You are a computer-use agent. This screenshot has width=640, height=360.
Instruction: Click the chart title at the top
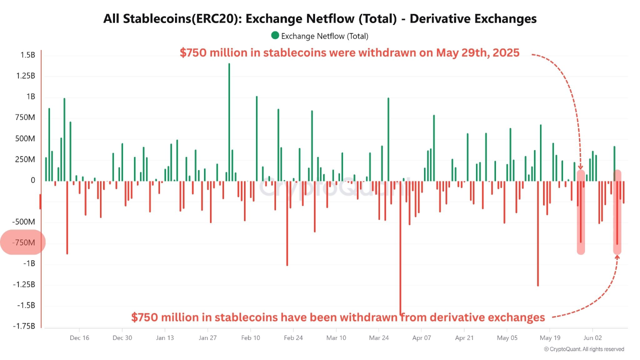(x=320, y=18)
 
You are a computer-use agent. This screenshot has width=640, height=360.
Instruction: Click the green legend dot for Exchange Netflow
(x=275, y=35)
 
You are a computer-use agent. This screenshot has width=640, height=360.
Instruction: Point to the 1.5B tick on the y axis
(x=27, y=55)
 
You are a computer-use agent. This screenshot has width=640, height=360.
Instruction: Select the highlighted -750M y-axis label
(x=23, y=242)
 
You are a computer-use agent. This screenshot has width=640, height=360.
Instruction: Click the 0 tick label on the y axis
(x=32, y=180)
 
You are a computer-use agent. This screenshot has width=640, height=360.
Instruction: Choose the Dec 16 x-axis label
(x=79, y=338)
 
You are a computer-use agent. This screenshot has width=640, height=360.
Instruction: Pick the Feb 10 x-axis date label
(x=250, y=338)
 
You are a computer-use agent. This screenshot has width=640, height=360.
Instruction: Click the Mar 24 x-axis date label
(x=378, y=338)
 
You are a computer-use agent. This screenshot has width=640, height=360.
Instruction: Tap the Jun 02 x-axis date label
(x=592, y=338)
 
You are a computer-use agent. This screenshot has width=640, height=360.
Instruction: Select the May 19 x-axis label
(x=549, y=338)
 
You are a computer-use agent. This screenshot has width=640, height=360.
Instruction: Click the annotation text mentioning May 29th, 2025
(x=349, y=53)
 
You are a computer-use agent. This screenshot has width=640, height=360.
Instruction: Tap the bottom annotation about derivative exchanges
(x=338, y=317)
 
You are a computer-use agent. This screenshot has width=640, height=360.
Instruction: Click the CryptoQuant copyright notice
(x=583, y=349)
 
